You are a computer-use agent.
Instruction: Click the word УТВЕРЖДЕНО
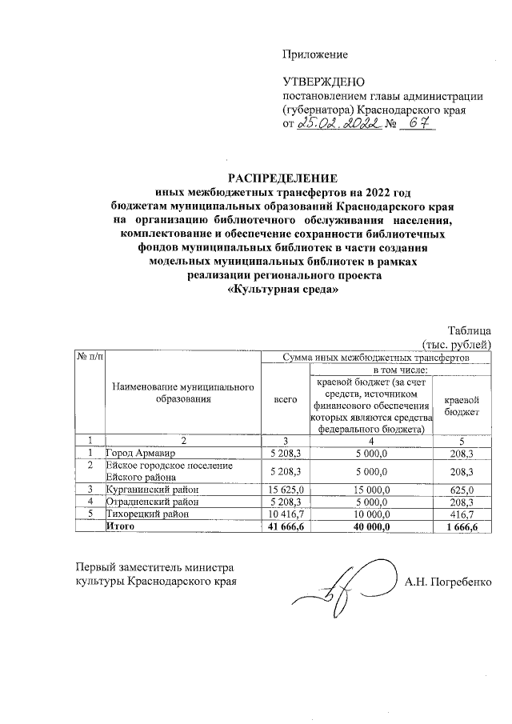(323, 82)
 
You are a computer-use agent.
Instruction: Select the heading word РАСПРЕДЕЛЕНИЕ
(283, 177)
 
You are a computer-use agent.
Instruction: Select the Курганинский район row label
(148, 489)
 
